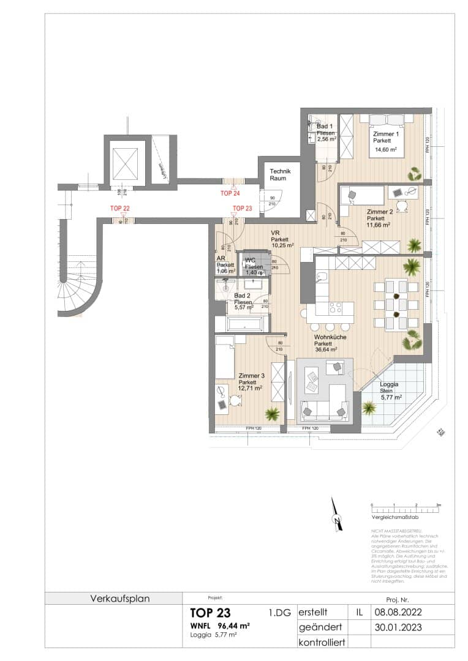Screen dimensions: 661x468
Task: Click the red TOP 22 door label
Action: tap(119, 209)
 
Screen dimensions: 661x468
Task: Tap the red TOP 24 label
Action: tap(230, 193)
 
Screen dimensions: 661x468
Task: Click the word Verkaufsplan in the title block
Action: tap(120, 598)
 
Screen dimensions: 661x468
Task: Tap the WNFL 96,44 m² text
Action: tap(219, 626)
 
